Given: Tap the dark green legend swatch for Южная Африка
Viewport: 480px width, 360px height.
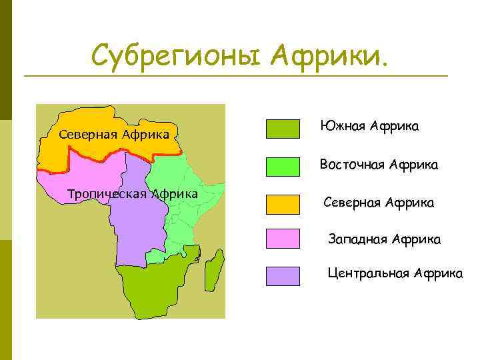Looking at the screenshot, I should click(283, 129).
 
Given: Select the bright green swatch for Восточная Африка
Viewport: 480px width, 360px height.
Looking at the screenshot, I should click(283, 167).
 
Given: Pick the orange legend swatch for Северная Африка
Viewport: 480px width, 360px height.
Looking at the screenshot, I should click(283, 205).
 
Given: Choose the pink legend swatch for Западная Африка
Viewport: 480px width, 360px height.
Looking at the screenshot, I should click(283, 238).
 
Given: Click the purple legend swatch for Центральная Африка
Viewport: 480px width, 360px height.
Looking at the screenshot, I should click(283, 276).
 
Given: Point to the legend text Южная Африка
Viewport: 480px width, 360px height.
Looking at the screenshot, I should click(369, 125).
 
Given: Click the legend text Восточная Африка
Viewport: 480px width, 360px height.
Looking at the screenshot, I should click(379, 164).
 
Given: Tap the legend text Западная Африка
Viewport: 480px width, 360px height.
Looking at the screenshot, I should click(384, 238).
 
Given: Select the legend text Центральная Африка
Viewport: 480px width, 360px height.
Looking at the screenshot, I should click(395, 273).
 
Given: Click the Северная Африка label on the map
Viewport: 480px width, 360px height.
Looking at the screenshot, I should click(113, 134).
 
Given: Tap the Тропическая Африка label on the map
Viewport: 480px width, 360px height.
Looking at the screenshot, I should click(133, 194).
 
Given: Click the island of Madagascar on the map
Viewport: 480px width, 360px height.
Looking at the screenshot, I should click(214, 271).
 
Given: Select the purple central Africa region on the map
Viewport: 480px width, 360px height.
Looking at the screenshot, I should click(140, 227).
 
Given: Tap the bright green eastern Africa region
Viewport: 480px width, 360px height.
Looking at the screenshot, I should click(183, 200).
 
